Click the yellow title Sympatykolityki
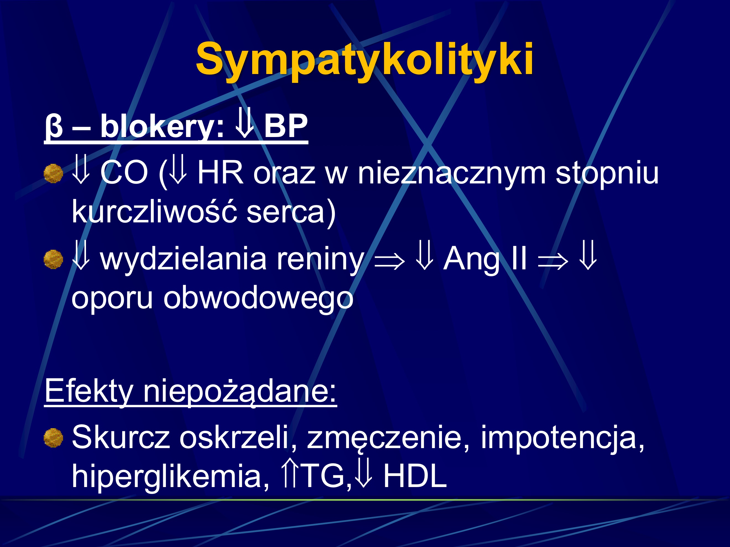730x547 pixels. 364,59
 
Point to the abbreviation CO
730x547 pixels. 124,173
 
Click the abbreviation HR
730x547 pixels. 220,173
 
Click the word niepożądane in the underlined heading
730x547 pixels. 239,391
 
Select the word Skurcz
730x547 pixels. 121,438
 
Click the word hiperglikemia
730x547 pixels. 170,476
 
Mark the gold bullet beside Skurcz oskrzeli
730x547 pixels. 53,438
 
